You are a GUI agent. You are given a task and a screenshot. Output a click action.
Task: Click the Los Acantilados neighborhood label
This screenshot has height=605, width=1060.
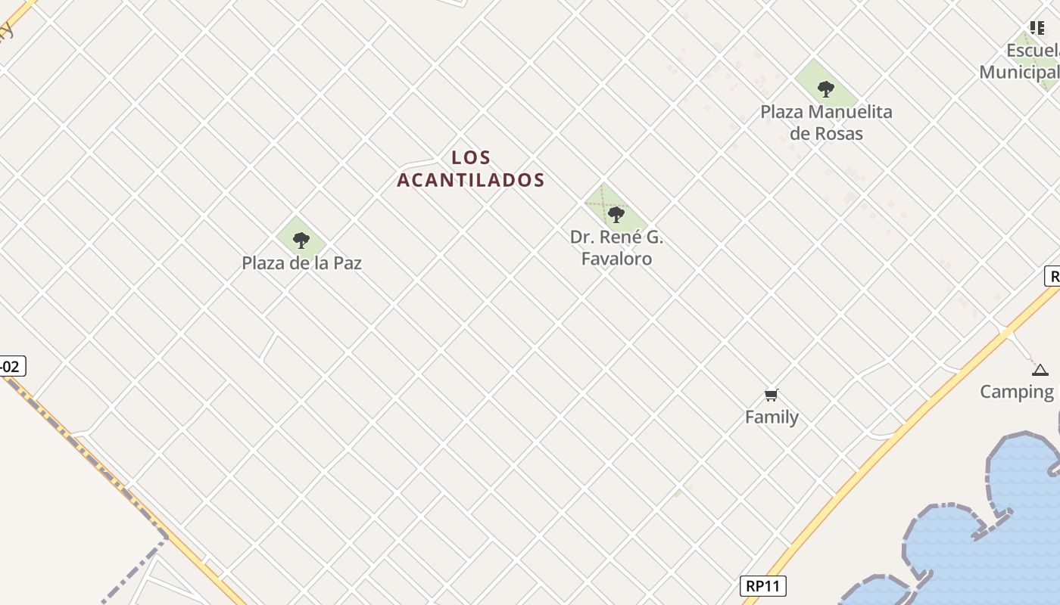coord(471,169)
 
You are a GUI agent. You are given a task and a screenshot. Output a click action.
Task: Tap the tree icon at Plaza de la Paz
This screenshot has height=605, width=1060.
coord(301,240)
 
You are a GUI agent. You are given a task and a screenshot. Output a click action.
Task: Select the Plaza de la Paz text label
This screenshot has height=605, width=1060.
coord(301,263)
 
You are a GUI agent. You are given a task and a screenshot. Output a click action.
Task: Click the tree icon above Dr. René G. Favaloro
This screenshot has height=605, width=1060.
coord(616,214)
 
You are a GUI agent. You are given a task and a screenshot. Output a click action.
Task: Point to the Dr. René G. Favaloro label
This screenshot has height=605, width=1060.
coord(616,247)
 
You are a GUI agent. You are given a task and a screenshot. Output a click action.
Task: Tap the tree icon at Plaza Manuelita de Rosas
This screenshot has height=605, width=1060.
coord(826,89)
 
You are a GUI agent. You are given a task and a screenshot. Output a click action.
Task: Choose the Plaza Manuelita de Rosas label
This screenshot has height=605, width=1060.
coord(826,123)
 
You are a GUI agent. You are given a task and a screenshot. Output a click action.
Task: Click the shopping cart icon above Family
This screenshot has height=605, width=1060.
coord(772,395)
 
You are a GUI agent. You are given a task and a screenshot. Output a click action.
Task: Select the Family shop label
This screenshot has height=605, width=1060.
coord(772,417)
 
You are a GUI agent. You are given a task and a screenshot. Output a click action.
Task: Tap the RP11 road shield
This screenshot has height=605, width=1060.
coord(763,585)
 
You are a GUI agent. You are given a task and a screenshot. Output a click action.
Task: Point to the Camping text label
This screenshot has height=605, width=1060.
coord(1017,392)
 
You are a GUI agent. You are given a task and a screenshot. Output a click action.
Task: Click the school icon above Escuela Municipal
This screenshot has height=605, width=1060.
coord(1037,28)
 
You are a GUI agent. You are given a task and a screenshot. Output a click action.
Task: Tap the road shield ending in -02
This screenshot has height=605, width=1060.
coord(11,367)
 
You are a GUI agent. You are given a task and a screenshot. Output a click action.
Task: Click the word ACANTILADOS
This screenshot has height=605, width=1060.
coord(471,180)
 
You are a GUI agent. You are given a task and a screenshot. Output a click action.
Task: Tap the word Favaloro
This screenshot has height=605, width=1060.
coord(616,259)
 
